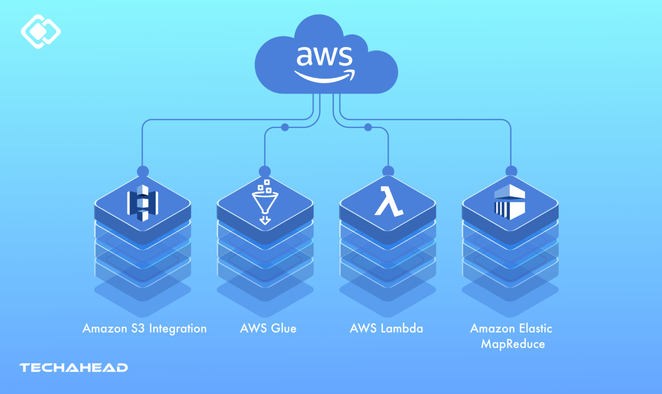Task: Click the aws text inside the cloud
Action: coord(324,56)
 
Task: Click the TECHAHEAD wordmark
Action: coord(74,368)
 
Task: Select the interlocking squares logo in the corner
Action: coord(41,31)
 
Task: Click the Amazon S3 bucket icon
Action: coord(143,203)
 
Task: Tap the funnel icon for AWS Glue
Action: coord(265,202)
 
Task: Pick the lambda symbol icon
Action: coord(388,201)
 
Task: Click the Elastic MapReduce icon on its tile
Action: coord(510,202)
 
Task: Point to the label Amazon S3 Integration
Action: coord(144,328)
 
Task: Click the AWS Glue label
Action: coord(268,328)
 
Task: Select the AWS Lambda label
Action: coord(387,328)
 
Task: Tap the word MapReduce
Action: coord(513,344)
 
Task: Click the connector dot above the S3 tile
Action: coord(143,172)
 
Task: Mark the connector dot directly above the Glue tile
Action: coord(265,172)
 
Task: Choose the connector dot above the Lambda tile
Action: coord(388,171)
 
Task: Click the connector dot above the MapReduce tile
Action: coord(511,171)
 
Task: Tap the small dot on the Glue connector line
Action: coord(285,127)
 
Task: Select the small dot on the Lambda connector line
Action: coord(368,127)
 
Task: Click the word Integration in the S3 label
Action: coord(178,328)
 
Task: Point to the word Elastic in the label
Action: coord(535,328)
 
